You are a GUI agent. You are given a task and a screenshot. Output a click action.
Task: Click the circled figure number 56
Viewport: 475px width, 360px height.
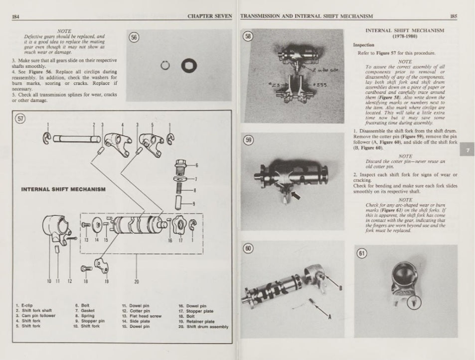pyautogui.click(x=134, y=37)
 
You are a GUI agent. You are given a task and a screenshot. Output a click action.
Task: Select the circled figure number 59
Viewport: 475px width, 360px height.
pyautogui.click(x=248, y=140)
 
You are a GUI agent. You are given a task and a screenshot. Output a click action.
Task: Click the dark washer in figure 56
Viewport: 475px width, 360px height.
pyautogui.click(x=190, y=64)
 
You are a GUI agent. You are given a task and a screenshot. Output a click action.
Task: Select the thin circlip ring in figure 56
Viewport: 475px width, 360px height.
pyautogui.click(x=167, y=65)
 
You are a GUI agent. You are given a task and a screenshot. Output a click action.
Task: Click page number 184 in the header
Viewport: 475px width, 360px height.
pyautogui.click(x=15, y=16)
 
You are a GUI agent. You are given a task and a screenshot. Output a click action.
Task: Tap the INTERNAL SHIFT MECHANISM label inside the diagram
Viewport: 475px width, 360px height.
pyautogui.click(x=63, y=190)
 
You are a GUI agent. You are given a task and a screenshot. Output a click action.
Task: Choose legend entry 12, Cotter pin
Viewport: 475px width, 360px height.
pyautogui.click(x=132, y=311)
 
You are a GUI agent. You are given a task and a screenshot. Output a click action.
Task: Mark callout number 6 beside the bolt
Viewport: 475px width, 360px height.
pyautogui.click(x=196, y=165)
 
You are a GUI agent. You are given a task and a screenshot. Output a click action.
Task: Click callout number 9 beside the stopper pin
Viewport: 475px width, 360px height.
pyautogui.click(x=194, y=203)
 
